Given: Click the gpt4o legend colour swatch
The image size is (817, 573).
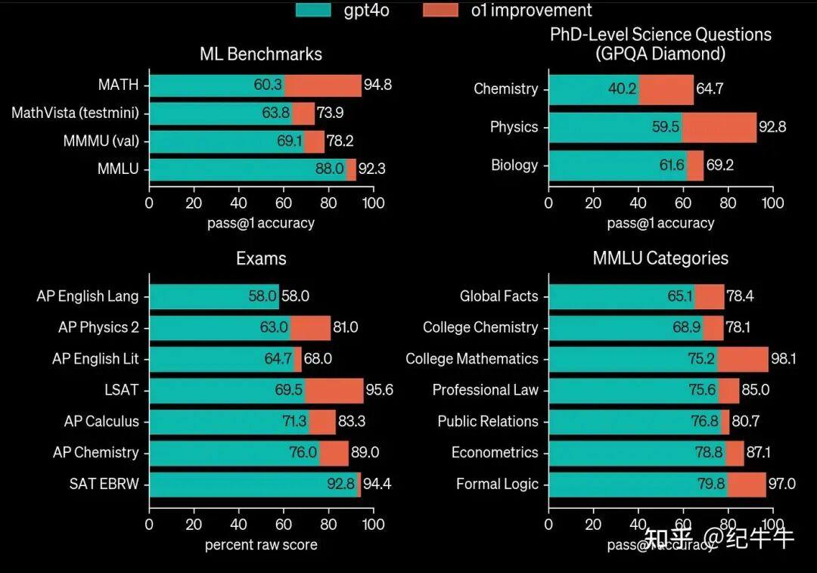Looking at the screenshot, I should [x=313, y=10].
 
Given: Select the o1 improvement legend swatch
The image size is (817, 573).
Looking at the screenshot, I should [x=440, y=10].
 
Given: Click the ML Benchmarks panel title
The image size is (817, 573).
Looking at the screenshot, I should [x=261, y=54].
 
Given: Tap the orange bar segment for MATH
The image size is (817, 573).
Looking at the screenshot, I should [x=323, y=85].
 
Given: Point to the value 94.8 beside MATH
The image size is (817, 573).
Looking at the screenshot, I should [x=377, y=85].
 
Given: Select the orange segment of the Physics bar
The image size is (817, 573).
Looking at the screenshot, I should [x=719, y=127].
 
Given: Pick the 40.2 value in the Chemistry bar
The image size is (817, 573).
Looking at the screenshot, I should [x=622, y=88].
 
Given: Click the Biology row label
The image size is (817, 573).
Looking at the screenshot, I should [x=514, y=165].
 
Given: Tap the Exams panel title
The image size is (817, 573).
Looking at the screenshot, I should [x=261, y=259].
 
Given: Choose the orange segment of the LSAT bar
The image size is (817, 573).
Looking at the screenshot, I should [x=334, y=390].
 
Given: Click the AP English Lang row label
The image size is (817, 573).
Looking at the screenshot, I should [x=88, y=296].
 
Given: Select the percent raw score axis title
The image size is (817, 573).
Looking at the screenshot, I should [x=261, y=544].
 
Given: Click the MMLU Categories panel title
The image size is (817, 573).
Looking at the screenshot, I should [x=660, y=259].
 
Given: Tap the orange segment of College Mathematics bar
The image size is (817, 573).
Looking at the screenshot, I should [x=742, y=359].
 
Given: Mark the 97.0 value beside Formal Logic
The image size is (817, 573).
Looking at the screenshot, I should [x=781, y=484].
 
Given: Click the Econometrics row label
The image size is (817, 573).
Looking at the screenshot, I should [x=495, y=453].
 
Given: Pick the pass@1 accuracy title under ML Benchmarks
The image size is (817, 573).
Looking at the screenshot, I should [x=261, y=223].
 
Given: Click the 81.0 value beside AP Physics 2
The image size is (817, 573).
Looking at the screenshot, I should [x=346, y=327].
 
